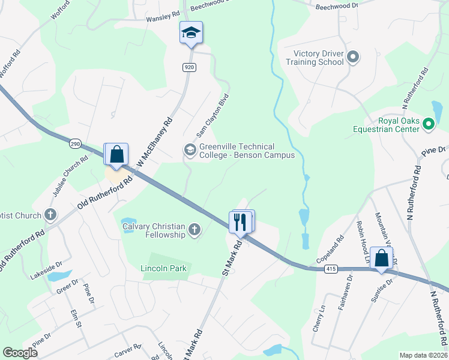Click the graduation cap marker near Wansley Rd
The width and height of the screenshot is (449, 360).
[x=191, y=33]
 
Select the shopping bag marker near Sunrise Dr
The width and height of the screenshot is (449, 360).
[x=381, y=259]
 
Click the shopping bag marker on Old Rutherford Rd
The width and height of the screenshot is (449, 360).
[x=117, y=154]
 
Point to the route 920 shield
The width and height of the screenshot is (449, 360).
[x=190, y=68]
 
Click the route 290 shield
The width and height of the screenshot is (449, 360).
[x=74, y=145]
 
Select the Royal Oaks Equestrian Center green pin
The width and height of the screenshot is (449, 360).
[x=429, y=125]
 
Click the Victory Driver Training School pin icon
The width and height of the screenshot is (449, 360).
[x=353, y=58]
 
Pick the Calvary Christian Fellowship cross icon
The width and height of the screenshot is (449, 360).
[x=194, y=229]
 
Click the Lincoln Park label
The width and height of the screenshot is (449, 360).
[x=164, y=268]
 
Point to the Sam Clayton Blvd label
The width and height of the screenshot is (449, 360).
[x=213, y=115]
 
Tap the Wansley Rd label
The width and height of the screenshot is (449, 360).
[x=163, y=19]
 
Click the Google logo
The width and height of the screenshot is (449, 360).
[x=20, y=353]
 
